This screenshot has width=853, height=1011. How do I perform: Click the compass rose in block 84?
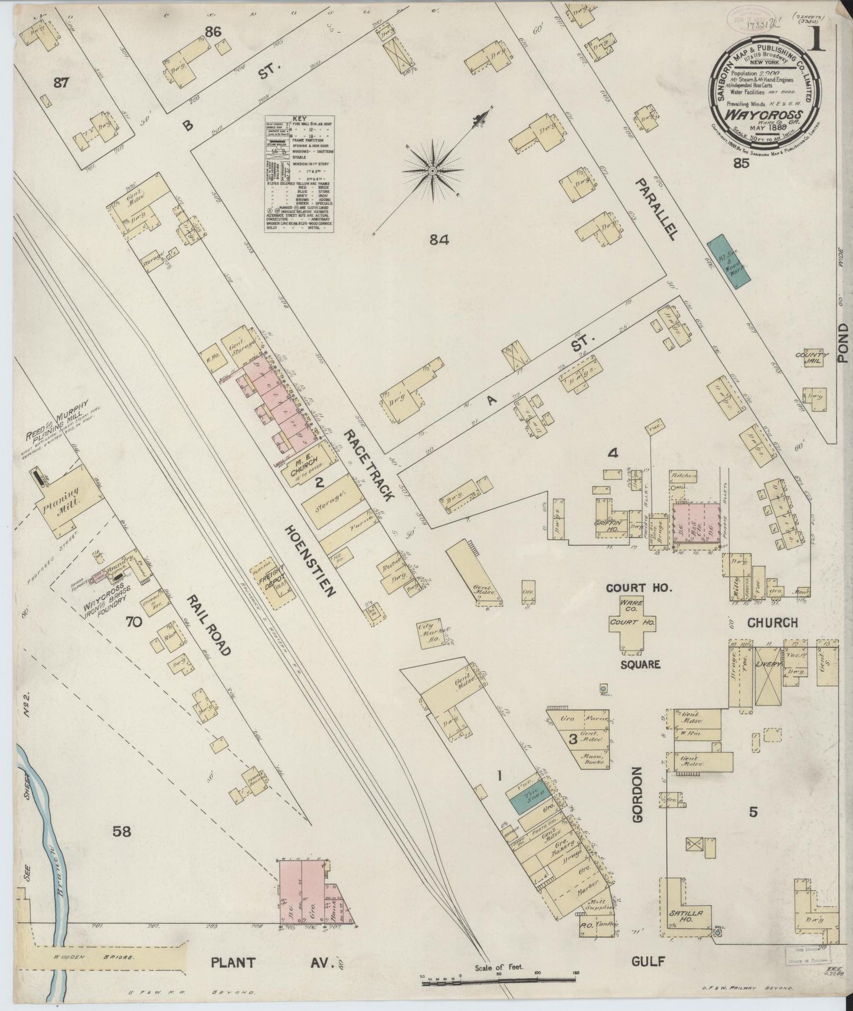coord(432,170)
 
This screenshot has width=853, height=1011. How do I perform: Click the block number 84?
coord(440,239)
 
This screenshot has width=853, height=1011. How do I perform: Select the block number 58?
coord(122,832)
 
